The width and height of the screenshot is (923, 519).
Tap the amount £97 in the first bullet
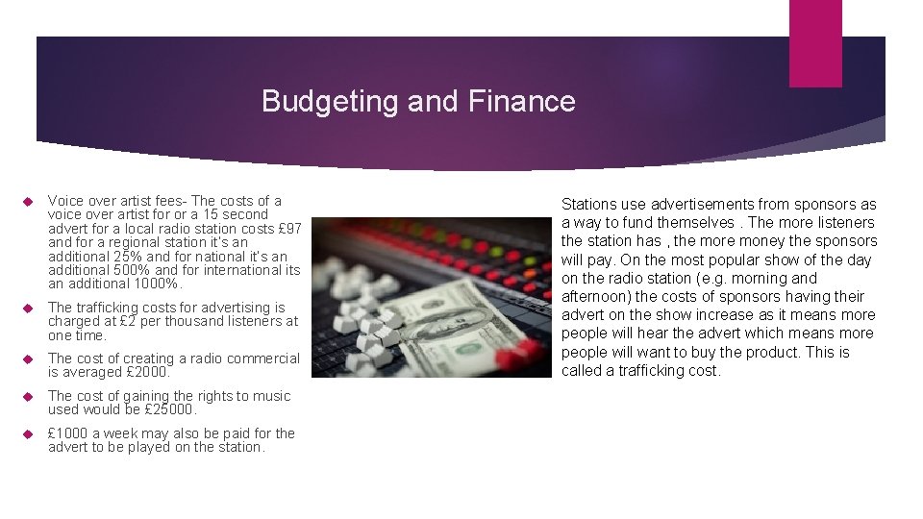point(289,229)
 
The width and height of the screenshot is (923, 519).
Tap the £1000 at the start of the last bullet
point(67,433)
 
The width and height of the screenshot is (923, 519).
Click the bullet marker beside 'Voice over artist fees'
point(27,202)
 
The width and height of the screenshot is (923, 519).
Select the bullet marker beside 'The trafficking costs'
point(27,309)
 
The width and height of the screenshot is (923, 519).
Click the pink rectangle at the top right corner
point(814,42)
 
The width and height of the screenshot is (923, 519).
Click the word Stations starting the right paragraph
point(588,204)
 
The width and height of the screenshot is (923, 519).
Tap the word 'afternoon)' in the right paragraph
point(596,296)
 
